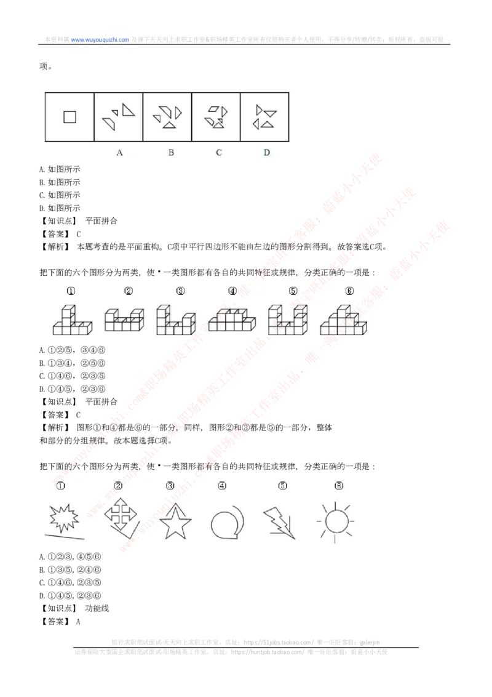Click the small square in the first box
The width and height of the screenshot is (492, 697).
[69, 116]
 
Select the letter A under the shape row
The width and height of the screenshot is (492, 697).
[119, 153]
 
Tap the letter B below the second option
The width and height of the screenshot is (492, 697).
[171, 153]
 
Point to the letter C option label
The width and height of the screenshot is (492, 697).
[219, 153]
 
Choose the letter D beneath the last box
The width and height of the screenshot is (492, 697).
[266, 153]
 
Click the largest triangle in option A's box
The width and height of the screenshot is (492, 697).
[127, 110]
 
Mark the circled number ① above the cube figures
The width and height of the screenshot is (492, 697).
[71, 291]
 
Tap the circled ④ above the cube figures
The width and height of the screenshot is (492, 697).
[232, 291]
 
